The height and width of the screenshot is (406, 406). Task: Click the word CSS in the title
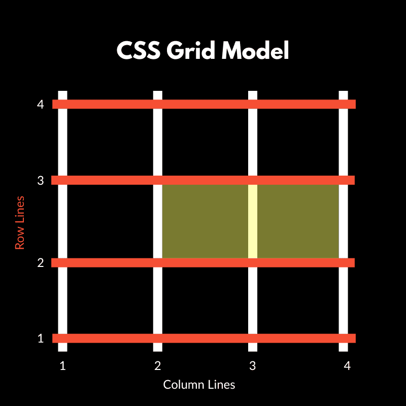click(139, 50)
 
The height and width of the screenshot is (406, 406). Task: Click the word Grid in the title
click(191, 50)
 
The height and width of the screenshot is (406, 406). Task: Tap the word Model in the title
click(255, 50)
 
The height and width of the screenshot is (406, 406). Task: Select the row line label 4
click(41, 105)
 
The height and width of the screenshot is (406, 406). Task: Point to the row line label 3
click(41, 180)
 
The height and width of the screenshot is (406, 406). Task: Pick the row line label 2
click(41, 263)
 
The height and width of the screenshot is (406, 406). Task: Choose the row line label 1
click(41, 339)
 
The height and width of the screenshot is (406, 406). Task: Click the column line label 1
click(62, 366)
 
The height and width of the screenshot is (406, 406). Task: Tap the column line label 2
click(158, 366)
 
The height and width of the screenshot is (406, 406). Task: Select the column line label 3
click(253, 366)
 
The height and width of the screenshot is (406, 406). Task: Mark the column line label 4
click(347, 366)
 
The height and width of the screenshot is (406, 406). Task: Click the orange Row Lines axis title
click(20, 223)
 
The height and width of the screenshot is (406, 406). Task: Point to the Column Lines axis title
click(199, 385)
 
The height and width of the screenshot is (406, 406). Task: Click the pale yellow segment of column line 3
click(253, 221)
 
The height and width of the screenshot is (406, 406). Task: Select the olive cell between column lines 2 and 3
click(205, 221)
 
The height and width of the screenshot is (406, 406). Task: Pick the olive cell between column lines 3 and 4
click(298, 221)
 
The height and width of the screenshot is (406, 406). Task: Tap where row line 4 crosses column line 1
click(62, 105)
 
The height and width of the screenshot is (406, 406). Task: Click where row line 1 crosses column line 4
click(344, 339)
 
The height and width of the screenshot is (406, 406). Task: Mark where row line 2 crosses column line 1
click(62, 263)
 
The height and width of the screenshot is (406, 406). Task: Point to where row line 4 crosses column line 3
click(253, 105)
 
